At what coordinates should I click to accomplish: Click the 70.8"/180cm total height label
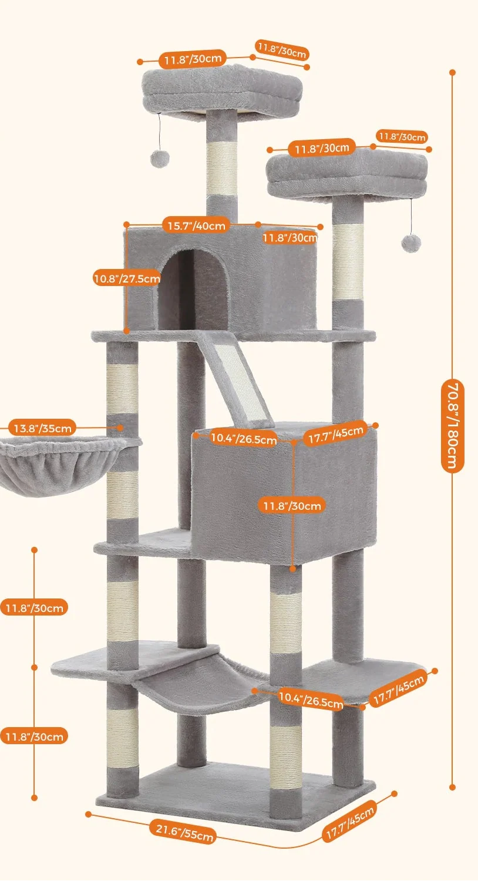[453, 426]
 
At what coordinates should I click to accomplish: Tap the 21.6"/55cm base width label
[184, 832]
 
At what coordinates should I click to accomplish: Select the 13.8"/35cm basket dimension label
[42, 428]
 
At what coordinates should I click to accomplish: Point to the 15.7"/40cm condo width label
[196, 226]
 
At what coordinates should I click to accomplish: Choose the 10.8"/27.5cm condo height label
[126, 278]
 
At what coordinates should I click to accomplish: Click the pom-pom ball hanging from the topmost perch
[159, 158]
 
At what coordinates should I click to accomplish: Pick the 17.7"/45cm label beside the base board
[350, 824]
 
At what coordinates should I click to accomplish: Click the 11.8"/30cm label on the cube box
[292, 506]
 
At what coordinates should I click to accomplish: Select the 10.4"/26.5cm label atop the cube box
[243, 438]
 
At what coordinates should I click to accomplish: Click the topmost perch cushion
[222, 91]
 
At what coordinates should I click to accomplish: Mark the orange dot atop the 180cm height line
[453, 73]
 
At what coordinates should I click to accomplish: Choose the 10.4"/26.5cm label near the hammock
[311, 699]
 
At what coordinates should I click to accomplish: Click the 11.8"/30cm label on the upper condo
[290, 238]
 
